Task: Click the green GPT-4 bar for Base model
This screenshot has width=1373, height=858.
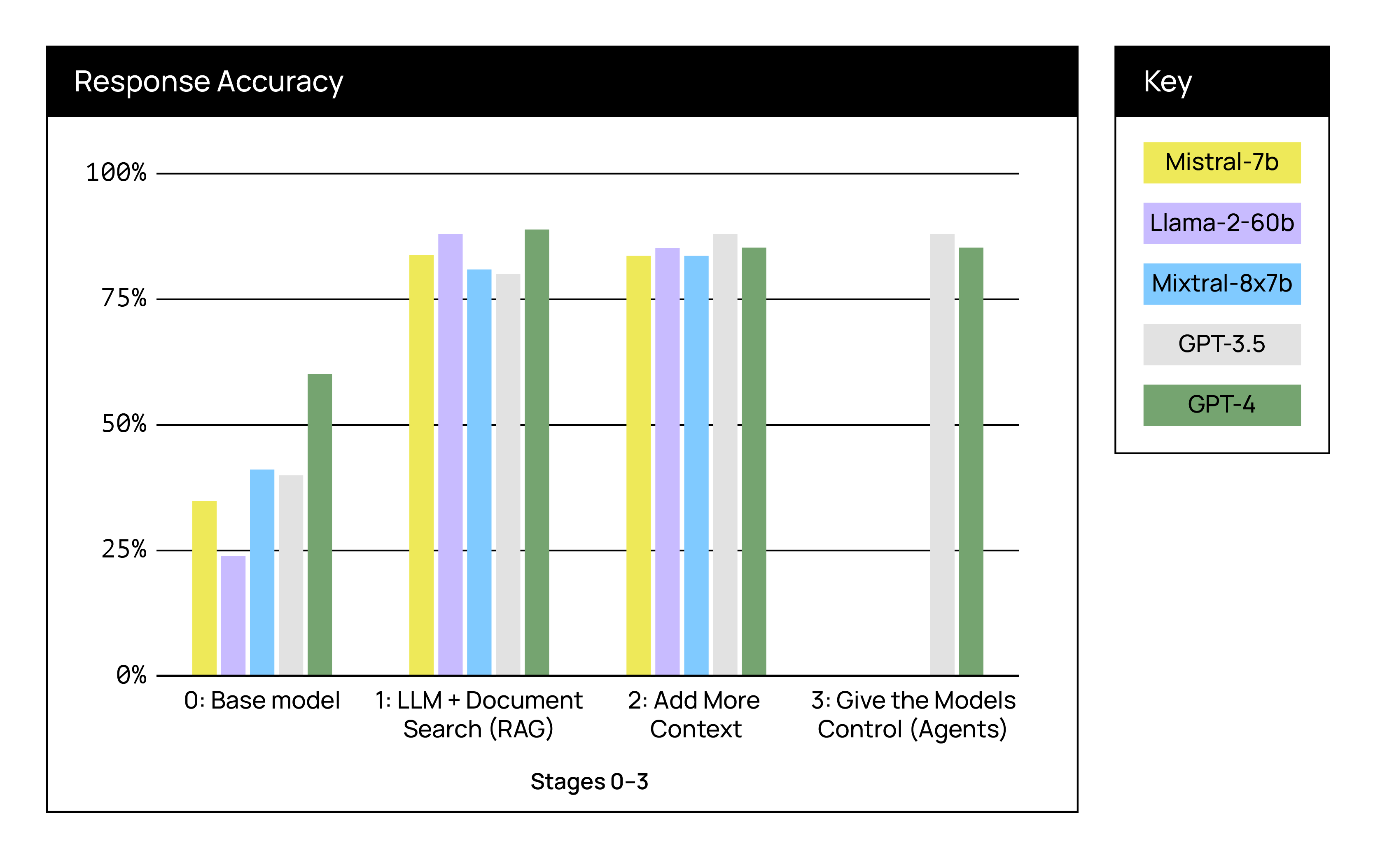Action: (320, 525)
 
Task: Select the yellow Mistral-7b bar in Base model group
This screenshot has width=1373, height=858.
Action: (204, 588)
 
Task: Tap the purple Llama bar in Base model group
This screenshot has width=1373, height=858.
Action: (233, 616)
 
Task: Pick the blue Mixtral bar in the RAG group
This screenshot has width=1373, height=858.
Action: (479, 472)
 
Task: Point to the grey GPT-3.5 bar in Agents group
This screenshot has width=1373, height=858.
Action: (942, 454)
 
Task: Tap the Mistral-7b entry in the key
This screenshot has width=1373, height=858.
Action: (1221, 163)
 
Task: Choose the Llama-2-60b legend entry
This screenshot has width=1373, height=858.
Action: (1221, 223)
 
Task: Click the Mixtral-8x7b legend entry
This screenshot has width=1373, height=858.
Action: (1221, 284)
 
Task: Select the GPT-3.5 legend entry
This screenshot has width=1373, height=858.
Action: (1221, 345)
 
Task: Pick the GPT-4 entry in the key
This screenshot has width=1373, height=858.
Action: (1221, 405)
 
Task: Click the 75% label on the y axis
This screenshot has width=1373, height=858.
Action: (124, 298)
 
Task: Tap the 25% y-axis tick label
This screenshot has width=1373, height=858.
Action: (124, 549)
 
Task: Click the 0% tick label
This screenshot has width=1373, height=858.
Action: (131, 675)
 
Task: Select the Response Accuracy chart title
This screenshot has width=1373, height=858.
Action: (209, 82)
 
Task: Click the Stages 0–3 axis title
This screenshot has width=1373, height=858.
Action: (589, 781)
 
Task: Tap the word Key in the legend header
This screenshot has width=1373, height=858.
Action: (1167, 82)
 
